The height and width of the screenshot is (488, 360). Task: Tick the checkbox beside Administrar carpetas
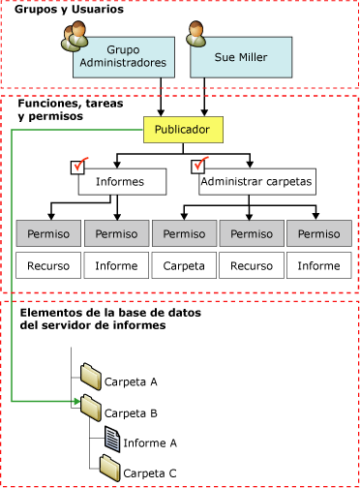coord(201,166)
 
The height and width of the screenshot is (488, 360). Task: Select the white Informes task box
coord(120,181)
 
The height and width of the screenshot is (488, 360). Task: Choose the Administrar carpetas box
coord(248,181)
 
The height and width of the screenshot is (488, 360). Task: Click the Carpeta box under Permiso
coord(183,264)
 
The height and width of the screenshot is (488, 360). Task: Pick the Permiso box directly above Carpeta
coord(183,233)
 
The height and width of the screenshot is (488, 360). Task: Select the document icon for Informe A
coord(110,439)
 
